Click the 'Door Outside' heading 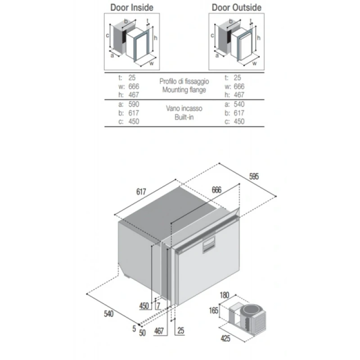[x=236, y=8]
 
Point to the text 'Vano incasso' [x=184, y=108]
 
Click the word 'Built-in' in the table [x=184, y=117]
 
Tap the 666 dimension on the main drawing [x=216, y=191]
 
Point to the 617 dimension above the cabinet [x=142, y=191]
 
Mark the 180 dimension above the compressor [x=225, y=295]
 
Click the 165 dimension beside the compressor [x=214, y=310]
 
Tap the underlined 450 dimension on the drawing [x=144, y=306]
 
